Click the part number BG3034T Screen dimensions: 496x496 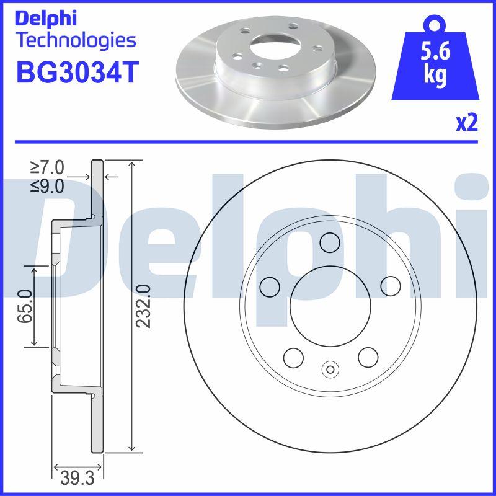pyautogui.click(x=76, y=72)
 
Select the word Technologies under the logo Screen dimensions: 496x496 pyautogui.click(x=76, y=41)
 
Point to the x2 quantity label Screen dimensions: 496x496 pyautogui.click(x=466, y=123)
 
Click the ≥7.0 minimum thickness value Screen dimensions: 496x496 pyautogui.click(x=47, y=167)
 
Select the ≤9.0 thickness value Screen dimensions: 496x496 pyautogui.click(x=47, y=185)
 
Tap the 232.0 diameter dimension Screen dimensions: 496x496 pyautogui.click(x=144, y=306)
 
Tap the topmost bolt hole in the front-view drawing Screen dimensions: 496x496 pyautogui.click(x=330, y=242)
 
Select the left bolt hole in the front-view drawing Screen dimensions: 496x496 pyautogui.click(x=270, y=286)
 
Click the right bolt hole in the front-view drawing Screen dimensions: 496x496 pyautogui.click(x=391, y=286)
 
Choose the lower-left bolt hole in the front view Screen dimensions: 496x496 pyautogui.click(x=293, y=356)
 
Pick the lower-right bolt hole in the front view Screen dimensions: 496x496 pyautogui.click(x=368, y=356)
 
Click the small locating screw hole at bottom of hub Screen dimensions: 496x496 pyautogui.click(x=330, y=370)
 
